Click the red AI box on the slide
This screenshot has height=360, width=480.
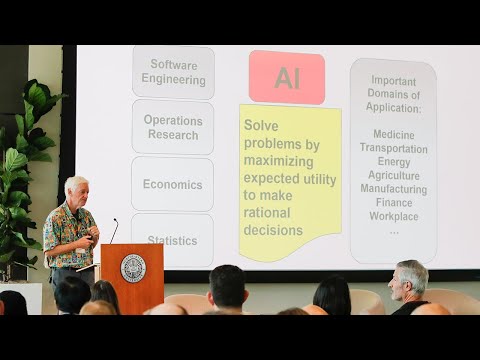click(287, 78)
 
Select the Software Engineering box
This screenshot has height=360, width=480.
click(173, 72)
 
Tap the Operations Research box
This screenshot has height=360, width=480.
click(172, 127)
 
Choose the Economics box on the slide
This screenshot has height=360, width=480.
click(172, 184)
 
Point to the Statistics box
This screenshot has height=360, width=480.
click(172, 239)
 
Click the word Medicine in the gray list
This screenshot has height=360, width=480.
click(393, 134)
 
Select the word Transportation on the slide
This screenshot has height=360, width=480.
click(393, 148)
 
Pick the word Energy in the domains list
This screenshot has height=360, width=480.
click(393, 161)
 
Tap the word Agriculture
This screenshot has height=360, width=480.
click(393, 175)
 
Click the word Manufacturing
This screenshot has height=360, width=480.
click(393, 188)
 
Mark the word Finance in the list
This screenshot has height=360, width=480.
click(393, 202)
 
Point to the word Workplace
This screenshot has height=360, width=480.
click(393, 216)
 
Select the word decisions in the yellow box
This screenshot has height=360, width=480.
click(272, 231)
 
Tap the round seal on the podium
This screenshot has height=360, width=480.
click(132, 268)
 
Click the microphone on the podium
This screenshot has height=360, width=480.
click(114, 230)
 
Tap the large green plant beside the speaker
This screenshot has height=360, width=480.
click(22, 180)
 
